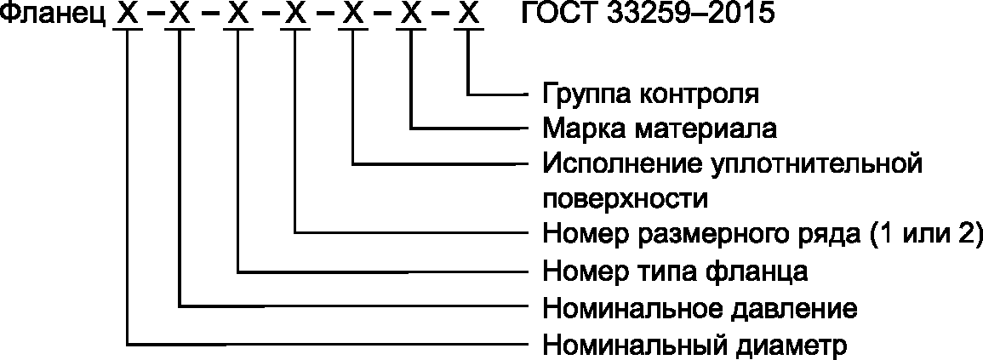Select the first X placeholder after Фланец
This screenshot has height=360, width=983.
click(x=126, y=16)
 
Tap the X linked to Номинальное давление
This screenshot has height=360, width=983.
click(x=180, y=16)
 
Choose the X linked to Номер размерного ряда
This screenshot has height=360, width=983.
click(x=295, y=16)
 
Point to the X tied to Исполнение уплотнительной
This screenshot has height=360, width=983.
click(x=352, y=16)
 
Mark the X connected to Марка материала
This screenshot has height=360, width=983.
click(x=411, y=16)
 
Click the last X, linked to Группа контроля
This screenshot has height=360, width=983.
click(x=469, y=16)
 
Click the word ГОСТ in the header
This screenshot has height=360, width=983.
click(x=554, y=16)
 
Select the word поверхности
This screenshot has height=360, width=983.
click(x=626, y=198)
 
